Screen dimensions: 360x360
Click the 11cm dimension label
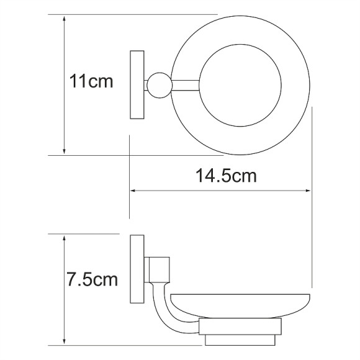[91, 81]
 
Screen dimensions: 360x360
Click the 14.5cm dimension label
[226, 176]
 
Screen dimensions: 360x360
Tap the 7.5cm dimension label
[92, 279]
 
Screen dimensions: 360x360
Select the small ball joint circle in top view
[160, 86]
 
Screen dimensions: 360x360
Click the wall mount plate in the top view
[137, 85]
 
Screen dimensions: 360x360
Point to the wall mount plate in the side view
[137, 269]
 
